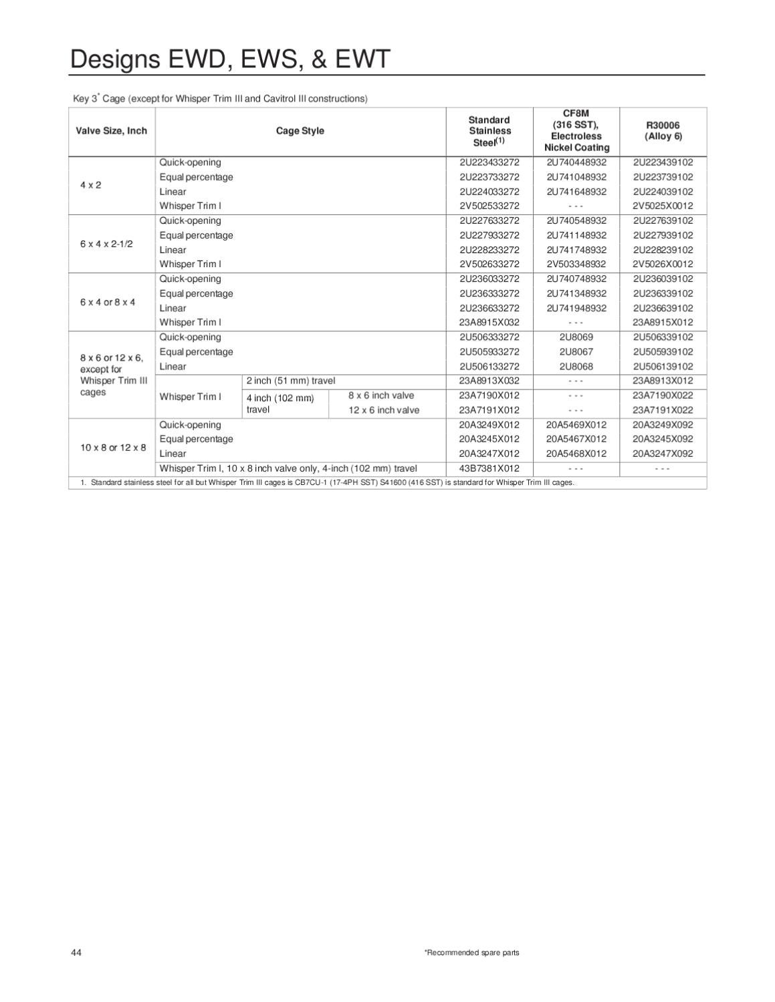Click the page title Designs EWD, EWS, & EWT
click(x=229, y=59)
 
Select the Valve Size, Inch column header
click(x=111, y=131)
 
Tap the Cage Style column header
click(x=300, y=131)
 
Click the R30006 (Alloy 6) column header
click(x=663, y=131)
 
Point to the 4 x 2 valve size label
click(x=91, y=184)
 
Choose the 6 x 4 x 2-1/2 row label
click(x=106, y=243)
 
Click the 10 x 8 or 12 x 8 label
click(x=113, y=447)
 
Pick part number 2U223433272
click(x=489, y=162)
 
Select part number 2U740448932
click(x=576, y=162)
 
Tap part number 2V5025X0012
click(x=663, y=206)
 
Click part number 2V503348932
click(x=576, y=264)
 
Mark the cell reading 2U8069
click(x=576, y=337)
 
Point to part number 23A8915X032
click(x=489, y=322)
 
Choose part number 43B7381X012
click(x=489, y=468)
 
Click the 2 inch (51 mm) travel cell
click(x=291, y=381)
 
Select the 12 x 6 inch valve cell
click(x=384, y=410)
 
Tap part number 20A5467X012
click(x=576, y=439)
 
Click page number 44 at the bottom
click(x=76, y=953)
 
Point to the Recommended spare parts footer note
click(x=471, y=953)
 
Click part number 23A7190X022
click(x=663, y=395)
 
